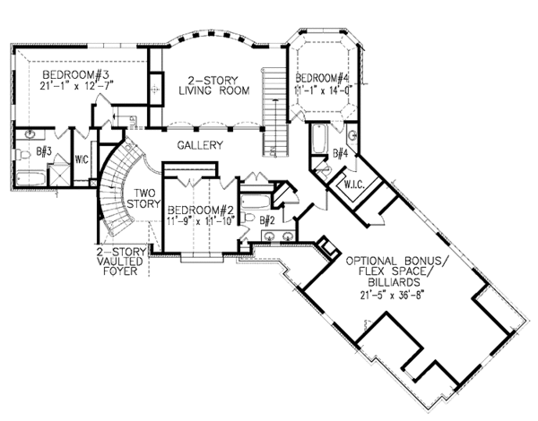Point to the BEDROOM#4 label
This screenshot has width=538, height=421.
coord(322,77)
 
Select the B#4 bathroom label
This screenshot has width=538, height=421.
coord(339,154)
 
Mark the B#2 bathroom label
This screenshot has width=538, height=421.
coord(266,219)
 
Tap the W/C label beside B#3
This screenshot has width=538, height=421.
coord(82,161)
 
